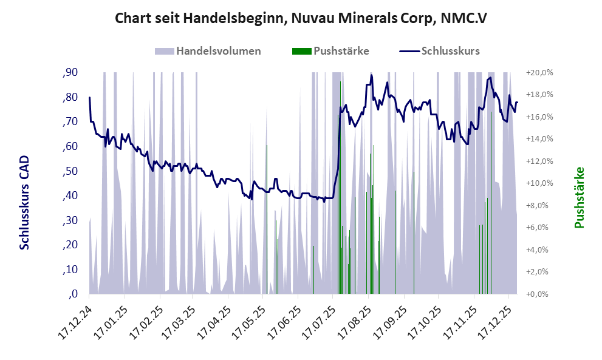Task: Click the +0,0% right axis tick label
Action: click(x=540, y=294)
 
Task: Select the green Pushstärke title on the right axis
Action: click(x=579, y=198)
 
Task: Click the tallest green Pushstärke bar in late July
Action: click(x=340, y=182)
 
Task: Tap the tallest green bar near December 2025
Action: click(x=491, y=200)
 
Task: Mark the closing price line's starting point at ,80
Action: click(x=89, y=98)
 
